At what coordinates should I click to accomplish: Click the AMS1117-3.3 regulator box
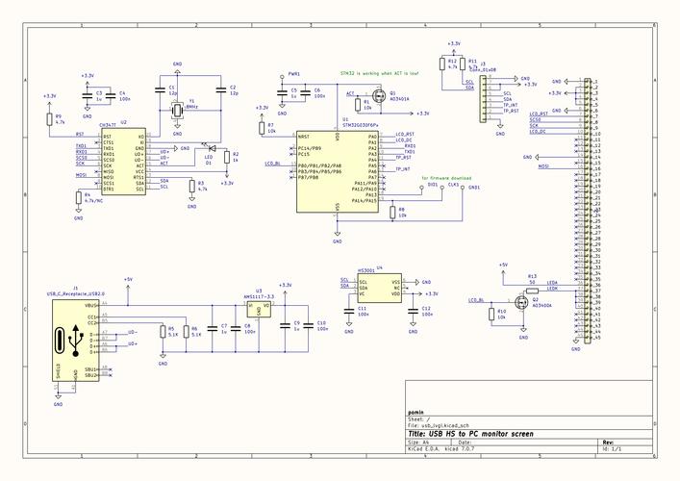pyautogui.click(x=257, y=309)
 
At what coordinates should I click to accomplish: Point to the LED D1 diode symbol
pyautogui.click(x=204, y=147)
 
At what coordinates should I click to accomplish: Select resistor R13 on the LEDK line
pyautogui.click(x=532, y=284)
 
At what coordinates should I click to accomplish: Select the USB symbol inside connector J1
pyautogui.click(x=73, y=340)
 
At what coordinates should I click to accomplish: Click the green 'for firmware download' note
pyautogui.click(x=447, y=178)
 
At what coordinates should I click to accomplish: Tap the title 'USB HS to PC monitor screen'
pyautogui.click(x=470, y=434)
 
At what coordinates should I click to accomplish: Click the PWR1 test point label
pyautogui.click(x=294, y=73)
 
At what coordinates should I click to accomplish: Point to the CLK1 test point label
pyautogui.click(x=454, y=184)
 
